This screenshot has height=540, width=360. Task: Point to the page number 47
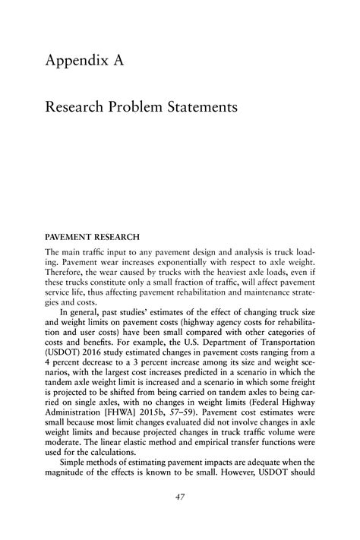(x=180, y=497)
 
